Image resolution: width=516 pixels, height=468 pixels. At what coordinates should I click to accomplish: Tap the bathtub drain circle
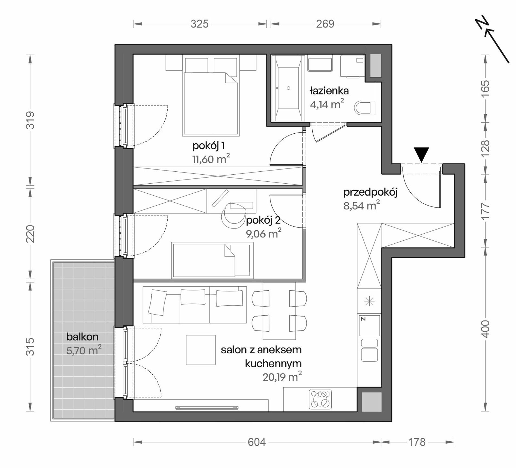(x=288, y=88)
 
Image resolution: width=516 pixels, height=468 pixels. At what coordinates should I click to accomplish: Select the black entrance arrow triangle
(x=421, y=155)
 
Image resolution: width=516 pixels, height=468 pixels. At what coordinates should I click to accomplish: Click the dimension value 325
(x=200, y=24)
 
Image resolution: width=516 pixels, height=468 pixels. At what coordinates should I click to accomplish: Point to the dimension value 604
(x=257, y=442)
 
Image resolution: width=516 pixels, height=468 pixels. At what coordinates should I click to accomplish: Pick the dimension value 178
(x=417, y=442)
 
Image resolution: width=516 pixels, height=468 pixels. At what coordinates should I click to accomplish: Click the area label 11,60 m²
(x=211, y=159)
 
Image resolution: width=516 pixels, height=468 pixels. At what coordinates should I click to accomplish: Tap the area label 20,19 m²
(x=282, y=376)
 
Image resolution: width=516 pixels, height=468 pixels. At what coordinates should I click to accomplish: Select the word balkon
(x=82, y=337)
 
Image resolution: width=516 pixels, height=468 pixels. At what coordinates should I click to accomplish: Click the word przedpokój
(x=370, y=193)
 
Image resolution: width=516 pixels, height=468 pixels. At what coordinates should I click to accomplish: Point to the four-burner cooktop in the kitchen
(x=320, y=400)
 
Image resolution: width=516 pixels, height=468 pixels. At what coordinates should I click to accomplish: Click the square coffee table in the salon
(x=201, y=350)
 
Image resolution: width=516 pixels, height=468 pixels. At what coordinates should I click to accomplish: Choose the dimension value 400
(x=485, y=329)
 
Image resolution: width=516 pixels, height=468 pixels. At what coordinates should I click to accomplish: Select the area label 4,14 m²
(x=327, y=104)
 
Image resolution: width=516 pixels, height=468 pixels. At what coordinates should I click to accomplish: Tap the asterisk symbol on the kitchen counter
(x=369, y=302)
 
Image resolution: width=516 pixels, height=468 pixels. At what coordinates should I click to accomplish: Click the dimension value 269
(x=325, y=24)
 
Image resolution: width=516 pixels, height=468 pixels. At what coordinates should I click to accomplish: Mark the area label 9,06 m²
(x=263, y=233)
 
